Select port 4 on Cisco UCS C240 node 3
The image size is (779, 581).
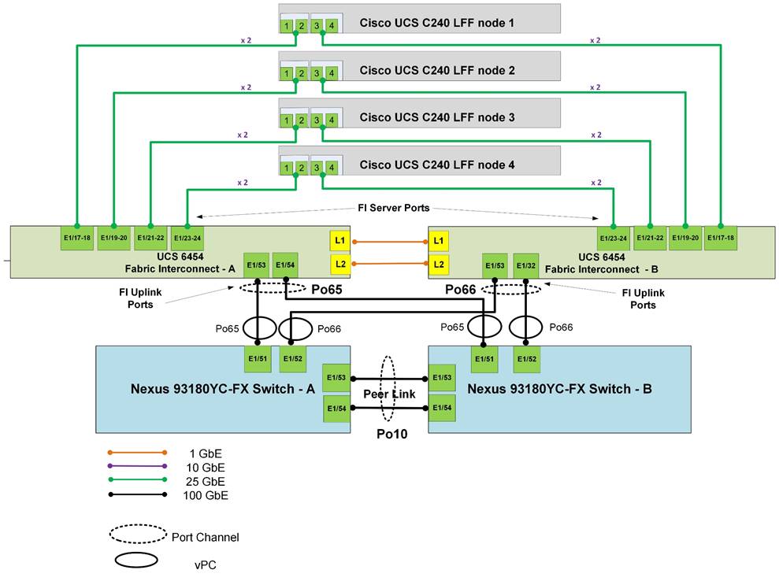[332, 120]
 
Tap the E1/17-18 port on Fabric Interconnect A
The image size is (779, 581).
[77, 237]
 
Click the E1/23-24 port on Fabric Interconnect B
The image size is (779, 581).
[614, 237]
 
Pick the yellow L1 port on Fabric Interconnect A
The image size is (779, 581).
[339, 241]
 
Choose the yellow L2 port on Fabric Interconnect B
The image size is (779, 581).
[440, 263]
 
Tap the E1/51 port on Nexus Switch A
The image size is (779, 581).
[259, 358]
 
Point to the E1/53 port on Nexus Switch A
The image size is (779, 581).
[336, 377]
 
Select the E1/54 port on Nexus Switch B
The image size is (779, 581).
[443, 408]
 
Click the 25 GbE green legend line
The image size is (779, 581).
[137, 480]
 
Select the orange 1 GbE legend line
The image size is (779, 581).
[137, 453]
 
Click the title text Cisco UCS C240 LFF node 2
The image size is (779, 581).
[437, 71]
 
